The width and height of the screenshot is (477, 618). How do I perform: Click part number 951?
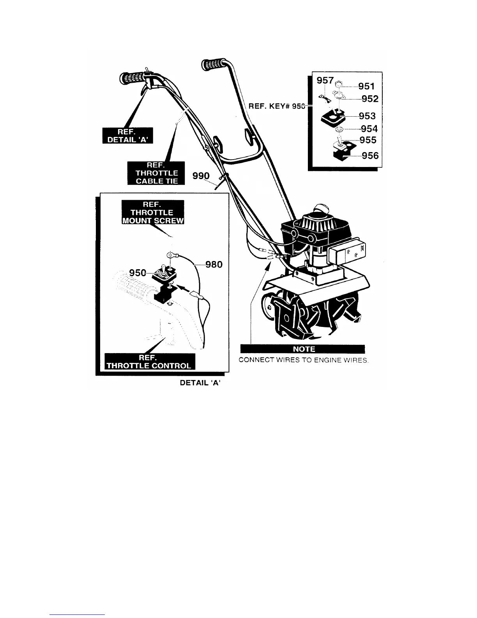coord(366,86)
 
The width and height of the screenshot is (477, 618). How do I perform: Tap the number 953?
coord(367,116)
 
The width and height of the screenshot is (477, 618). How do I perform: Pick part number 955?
coord(368,140)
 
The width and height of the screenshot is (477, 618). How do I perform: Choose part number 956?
coord(370,156)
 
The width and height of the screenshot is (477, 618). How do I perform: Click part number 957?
coord(325,81)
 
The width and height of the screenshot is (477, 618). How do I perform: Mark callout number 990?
coord(201,176)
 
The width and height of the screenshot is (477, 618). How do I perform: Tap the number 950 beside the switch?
coord(137,272)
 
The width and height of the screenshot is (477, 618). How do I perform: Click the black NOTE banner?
coord(303,349)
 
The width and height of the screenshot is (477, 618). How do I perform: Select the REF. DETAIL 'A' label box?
coord(128,136)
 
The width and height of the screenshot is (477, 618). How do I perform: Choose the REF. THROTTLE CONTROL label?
coord(149,361)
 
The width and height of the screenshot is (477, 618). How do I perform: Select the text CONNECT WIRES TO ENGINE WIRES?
coord(304,360)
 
